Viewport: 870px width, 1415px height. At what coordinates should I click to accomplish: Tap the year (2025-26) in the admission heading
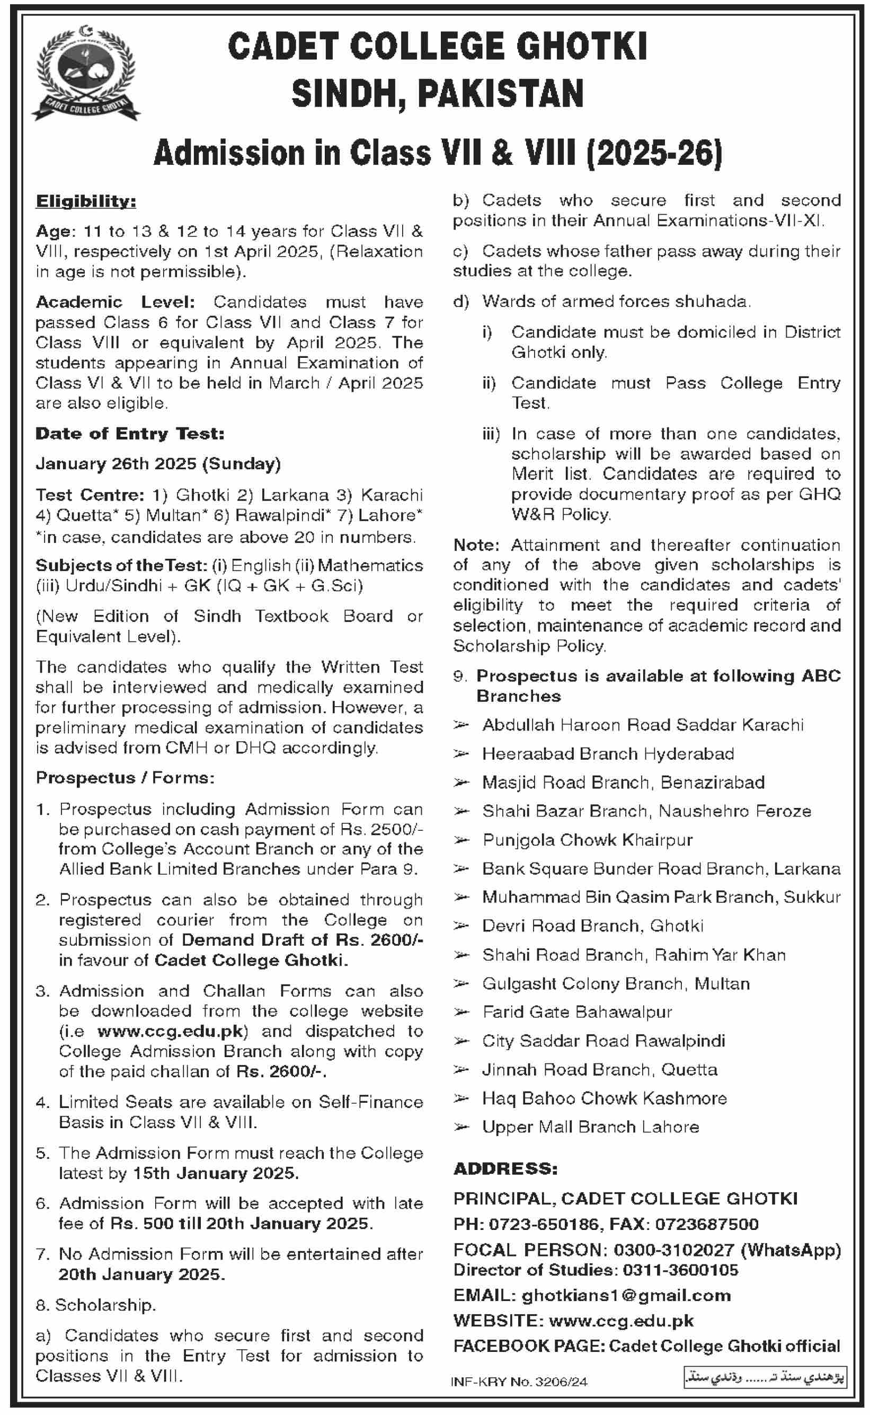(654, 154)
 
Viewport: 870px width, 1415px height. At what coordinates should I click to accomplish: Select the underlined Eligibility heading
(86, 201)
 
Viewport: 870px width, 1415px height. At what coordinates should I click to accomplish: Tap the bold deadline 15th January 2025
(216, 1173)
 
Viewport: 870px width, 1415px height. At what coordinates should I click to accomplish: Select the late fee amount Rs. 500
(142, 1223)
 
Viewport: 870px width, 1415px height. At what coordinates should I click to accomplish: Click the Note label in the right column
(476, 544)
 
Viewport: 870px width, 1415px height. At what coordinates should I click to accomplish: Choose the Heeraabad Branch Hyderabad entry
(608, 753)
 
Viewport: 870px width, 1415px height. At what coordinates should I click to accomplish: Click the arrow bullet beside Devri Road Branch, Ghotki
(461, 926)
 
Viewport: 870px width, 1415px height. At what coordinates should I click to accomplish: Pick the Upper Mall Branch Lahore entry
(590, 1127)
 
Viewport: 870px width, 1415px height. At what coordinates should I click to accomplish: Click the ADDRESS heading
(505, 1168)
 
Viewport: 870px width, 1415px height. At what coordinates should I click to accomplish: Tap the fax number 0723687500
(707, 1224)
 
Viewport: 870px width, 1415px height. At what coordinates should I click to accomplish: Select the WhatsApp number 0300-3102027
(674, 1250)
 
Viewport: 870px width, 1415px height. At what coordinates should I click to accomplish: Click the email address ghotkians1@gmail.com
(626, 1295)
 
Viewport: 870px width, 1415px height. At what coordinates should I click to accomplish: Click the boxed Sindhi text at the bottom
(765, 1377)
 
